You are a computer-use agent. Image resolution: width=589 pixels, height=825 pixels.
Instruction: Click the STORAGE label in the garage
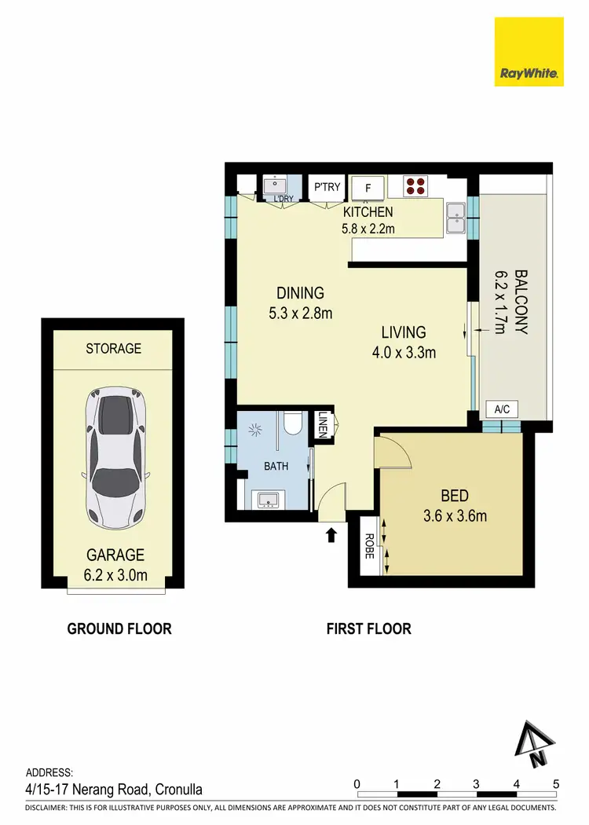113,348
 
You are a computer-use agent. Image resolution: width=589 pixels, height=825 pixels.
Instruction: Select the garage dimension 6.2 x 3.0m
115,575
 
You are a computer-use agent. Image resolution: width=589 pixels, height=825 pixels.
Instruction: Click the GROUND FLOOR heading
119,629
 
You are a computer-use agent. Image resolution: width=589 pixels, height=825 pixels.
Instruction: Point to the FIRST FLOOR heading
368,629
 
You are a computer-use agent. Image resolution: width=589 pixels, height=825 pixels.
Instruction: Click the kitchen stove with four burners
415,186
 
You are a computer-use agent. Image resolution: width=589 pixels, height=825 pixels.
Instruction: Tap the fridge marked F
368,189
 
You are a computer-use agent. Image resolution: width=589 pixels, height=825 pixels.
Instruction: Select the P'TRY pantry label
327,187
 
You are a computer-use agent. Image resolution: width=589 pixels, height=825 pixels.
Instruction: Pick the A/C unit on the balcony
502,409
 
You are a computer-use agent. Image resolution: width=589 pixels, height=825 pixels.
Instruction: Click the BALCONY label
521,302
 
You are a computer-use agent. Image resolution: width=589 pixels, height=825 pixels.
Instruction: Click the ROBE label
369,545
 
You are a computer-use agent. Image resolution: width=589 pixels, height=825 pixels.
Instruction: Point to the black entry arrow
331,535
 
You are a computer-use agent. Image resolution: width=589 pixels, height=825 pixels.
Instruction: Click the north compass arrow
536,743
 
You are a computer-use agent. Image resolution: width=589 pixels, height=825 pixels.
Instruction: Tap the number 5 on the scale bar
556,783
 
